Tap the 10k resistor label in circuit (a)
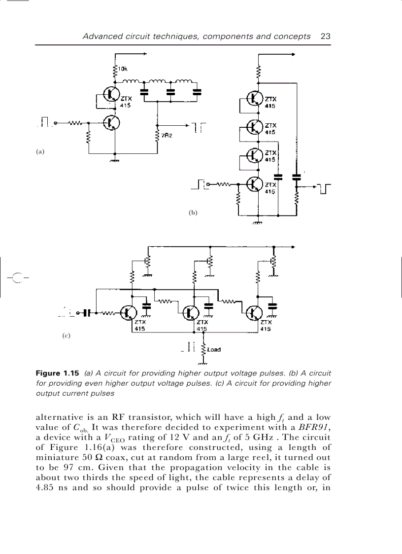(x=122, y=69)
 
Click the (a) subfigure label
(x=40, y=151)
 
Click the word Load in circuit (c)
(x=214, y=350)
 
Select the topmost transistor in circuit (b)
(x=255, y=99)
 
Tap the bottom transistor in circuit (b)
(x=255, y=184)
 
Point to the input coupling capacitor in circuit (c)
(x=87, y=312)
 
